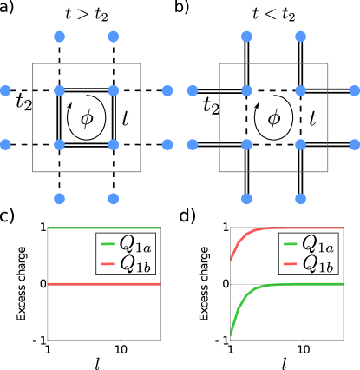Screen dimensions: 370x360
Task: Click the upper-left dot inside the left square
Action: click(59, 90)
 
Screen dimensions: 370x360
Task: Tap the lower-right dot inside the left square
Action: click(113, 144)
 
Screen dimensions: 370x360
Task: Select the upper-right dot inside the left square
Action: click(113, 90)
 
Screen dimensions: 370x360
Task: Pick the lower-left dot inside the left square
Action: click(59, 144)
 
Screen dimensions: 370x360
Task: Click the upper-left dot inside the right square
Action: click(246, 90)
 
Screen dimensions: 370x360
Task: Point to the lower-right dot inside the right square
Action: click(300, 144)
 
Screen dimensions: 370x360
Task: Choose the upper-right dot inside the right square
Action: click(300, 90)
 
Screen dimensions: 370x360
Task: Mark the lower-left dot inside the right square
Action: click(246, 144)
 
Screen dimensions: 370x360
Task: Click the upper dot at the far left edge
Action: click(5, 90)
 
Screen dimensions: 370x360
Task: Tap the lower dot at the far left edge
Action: click(5, 144)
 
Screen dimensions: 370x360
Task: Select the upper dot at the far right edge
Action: click(354, 90)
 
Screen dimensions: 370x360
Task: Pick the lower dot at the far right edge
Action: click(354, 144)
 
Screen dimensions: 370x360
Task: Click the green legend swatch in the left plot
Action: click(108, 244)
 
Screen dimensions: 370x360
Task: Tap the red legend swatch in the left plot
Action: click(108, 263)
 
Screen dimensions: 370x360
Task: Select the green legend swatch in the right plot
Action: click(291, 244)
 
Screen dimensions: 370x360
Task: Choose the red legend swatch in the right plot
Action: click(291, 263)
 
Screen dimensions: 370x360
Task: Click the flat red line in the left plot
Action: click(78, 284)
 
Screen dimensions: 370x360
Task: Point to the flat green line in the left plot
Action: click(78, 228)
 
